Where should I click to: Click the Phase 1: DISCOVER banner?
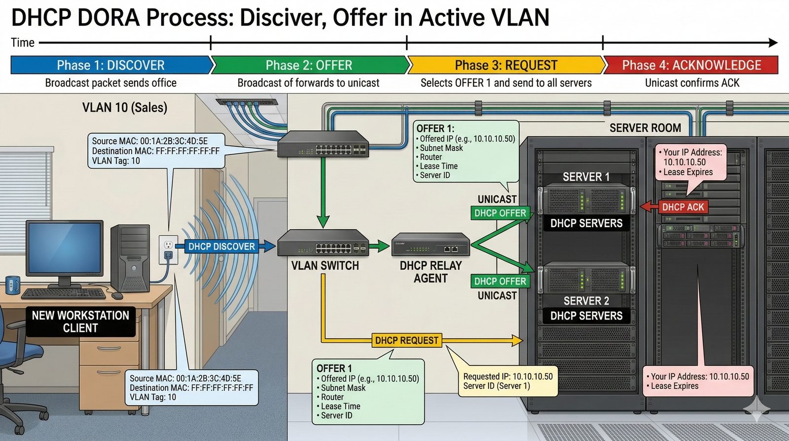coord(110,65)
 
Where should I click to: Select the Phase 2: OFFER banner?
coord(309,65)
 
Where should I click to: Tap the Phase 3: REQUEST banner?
coord(506,65)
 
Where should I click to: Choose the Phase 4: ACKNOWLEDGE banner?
coord(691,65)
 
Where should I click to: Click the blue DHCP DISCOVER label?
coord(221,246)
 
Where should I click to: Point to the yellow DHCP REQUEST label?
coord(406,340)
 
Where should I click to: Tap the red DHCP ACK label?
coord(683,207)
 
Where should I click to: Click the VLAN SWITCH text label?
coord(325,266)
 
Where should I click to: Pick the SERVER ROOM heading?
coord(645,128)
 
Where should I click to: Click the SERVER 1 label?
coord(586,177)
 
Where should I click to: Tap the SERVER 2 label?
coord(586,301)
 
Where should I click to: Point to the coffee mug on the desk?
coord(13,285)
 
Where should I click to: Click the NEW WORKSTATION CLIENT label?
coord(80,321)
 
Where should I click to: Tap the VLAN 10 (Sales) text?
coord(125,107)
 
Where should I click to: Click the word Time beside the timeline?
coord(23,42)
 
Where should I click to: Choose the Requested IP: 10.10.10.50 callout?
coord(507,381)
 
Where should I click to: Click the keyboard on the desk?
coord(64,294)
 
